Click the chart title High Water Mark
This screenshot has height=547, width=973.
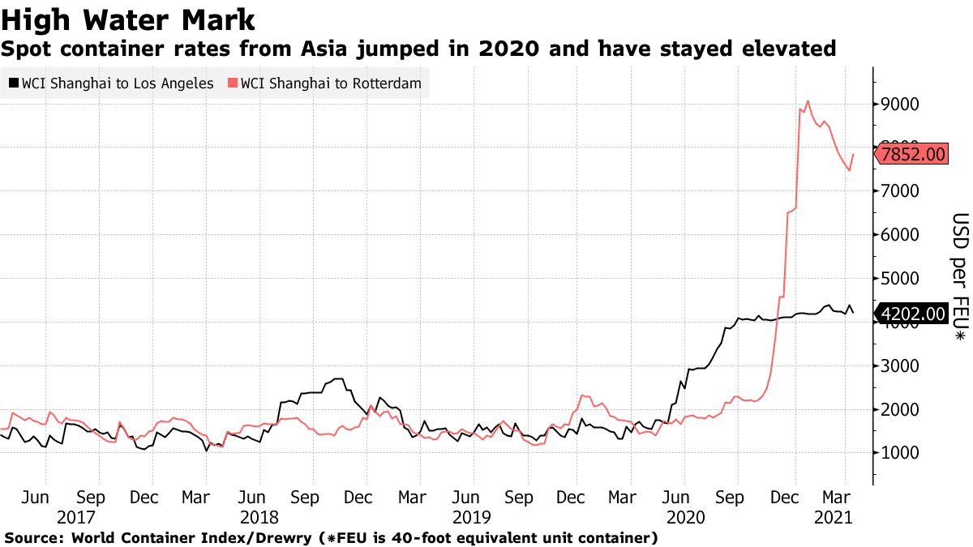click(x=129, y=18)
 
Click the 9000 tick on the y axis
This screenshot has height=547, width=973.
click(x=902, y=105)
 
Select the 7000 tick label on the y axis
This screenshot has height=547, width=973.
click(x=902, y=191)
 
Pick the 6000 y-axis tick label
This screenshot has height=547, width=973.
click(x=902, y=235)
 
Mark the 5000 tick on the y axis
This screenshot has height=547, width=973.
click(x=902, y=279)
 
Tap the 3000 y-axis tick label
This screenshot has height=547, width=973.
click(x=902, y=366)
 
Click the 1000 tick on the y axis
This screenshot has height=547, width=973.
click(x=902, y=454)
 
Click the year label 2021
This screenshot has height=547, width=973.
click(x=832, y=515)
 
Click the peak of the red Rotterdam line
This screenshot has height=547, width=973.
click(x=808, y=102)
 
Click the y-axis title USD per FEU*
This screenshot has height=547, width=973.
click(x=959, y=276)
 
